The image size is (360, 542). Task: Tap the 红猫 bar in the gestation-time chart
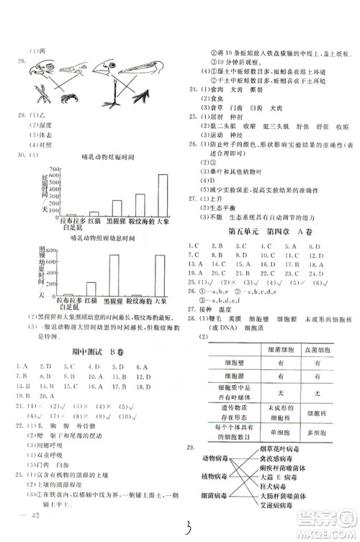91,214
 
